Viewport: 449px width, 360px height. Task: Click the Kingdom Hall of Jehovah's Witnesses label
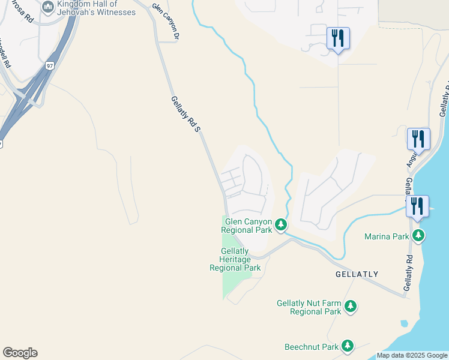coord(96,8)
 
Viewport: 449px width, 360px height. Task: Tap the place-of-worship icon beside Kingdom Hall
coord(48,6)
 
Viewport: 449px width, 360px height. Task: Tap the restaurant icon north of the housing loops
coord(338,39)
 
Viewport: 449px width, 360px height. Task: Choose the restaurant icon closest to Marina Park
coord(417,207)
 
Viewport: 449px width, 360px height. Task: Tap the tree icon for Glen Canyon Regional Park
coord(280,226)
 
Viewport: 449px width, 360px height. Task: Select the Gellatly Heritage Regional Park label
coord(235,259)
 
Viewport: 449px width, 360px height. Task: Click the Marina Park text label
coord(387,236)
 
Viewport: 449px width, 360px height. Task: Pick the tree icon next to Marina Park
coord(418,236)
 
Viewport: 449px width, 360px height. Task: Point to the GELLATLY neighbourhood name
coord(357,274)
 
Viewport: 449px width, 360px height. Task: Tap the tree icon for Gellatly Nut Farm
coord(351,307)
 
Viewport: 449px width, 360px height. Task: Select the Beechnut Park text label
coord(312,347)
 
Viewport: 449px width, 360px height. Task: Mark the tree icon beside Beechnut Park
coord(347,346)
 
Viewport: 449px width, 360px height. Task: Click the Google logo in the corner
coord(20,353)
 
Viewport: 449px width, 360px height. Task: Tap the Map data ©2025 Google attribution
coord(412,355)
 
